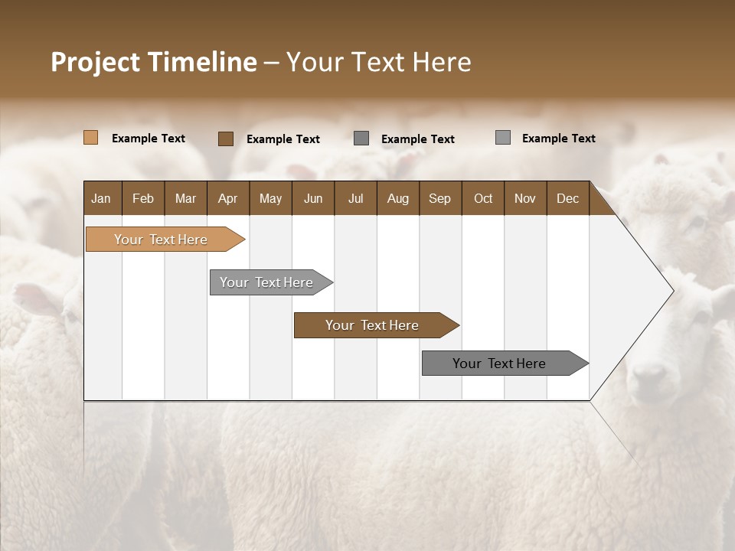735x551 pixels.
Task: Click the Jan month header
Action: coord(102,198)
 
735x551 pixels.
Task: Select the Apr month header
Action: coord(228,198)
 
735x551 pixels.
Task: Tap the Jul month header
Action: coord(355,198)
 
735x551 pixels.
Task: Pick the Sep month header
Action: coord(439,198)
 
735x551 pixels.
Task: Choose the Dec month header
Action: coord(567,198)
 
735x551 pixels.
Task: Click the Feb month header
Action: coord(143,198)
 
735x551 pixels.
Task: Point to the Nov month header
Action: coord(524,198)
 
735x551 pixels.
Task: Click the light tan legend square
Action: coord(90,138)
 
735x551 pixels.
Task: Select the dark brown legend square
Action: coord(226,139)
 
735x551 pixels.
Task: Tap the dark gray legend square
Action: coord(361,139)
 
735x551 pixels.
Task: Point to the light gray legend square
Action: coord(503,138)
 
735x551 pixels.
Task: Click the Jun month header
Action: coord(313,198)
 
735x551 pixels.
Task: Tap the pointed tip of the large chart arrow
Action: coord(671,291)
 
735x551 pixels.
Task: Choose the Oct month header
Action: coord(483,198)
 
